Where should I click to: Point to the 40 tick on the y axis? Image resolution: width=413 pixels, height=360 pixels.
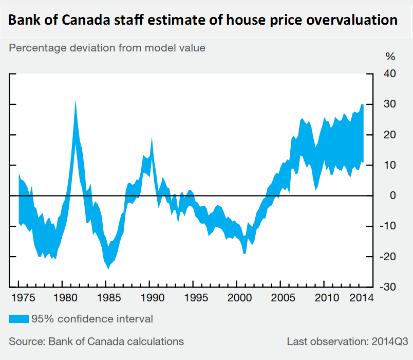click(x=389, y=74)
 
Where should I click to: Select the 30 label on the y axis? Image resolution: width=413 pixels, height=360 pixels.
click(x=389, y=104)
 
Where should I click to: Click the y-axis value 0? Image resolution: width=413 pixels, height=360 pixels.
click(x=391, y=195)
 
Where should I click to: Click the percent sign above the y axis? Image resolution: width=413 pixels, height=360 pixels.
click(x=390, y=57)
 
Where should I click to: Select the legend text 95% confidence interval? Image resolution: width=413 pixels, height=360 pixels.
click(x=92, y=319)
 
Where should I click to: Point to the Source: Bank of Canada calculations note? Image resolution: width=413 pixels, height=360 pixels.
click(x=96, y=341)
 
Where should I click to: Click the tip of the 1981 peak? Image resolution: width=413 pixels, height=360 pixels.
click(x=76, y=100)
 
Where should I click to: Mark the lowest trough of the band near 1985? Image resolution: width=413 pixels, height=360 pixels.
click(x=108, y=268)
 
